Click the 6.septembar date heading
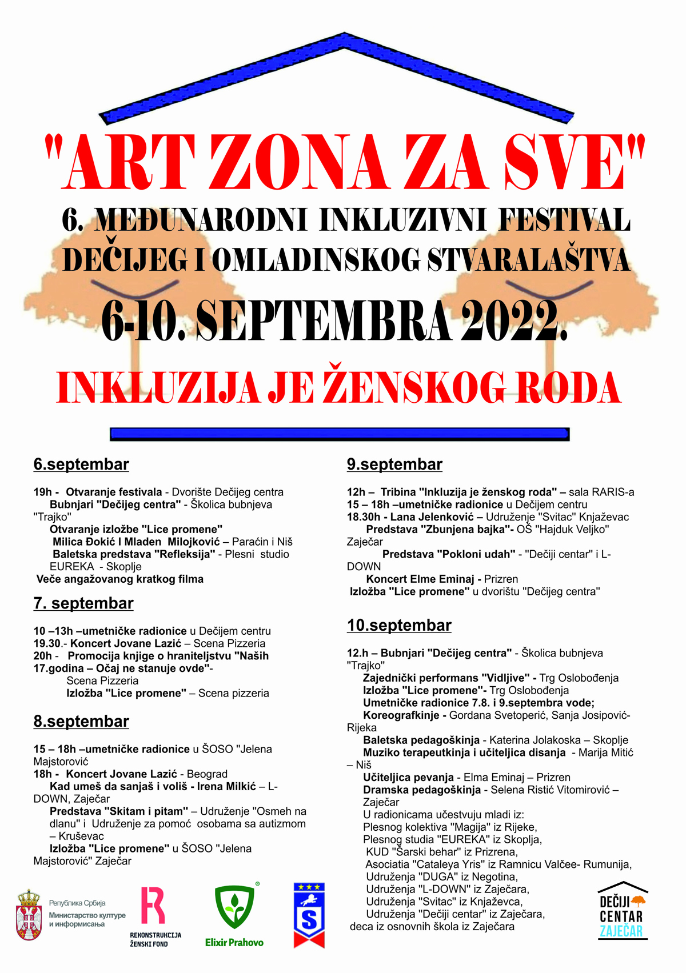point(81,465)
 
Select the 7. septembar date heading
point(83,603)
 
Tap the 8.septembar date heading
point(81,722)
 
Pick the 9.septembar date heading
point(394,465)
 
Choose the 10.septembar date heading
point(399,626)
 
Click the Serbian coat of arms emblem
point(29,914)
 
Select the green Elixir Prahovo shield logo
point(234,908)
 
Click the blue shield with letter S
point(309,914)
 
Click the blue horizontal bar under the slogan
point(340,434)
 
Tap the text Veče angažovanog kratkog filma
point(120,579)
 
